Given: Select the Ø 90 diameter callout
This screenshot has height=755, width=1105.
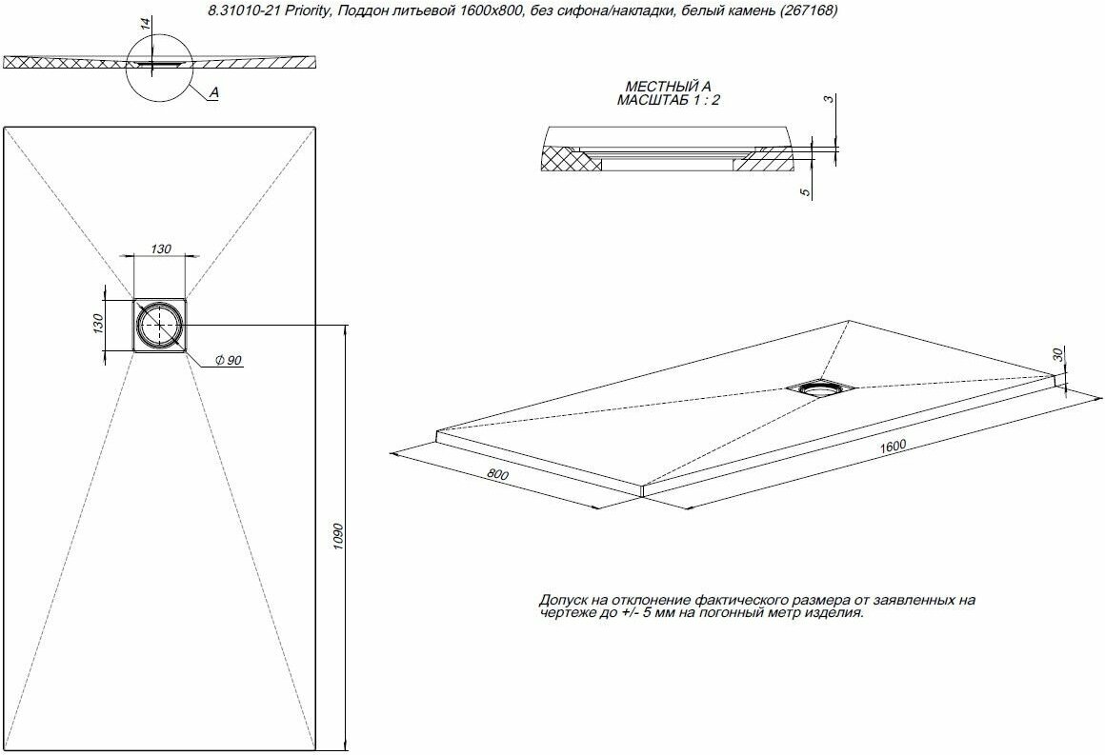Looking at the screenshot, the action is [228, 360].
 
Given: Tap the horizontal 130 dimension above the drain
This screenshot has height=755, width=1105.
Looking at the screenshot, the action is [161, 248].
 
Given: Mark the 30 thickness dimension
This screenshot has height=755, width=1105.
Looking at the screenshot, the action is [1057, 354].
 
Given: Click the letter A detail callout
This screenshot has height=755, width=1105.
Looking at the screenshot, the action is [213, 92].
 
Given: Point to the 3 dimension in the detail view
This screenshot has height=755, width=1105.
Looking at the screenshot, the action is [830, 99].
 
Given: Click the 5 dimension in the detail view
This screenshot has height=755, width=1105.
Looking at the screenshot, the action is [805, 193].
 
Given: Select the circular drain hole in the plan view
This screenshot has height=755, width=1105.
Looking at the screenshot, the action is [157, 325].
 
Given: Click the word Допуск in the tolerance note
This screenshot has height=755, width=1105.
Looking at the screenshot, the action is [562, 601].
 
